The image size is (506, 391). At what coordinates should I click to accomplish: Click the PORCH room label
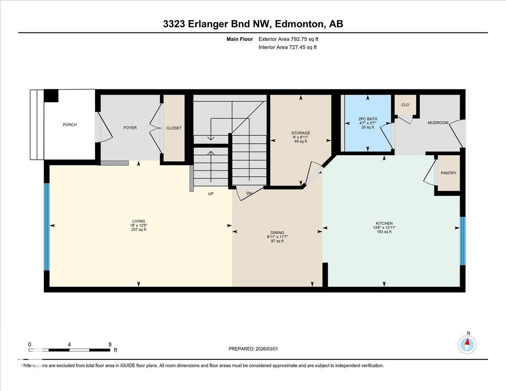pos(70,125)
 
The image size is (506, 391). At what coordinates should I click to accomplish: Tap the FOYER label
pos(130,128)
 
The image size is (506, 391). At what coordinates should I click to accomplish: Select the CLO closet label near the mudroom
pos(405,105)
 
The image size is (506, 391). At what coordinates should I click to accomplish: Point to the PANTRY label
pos(448,173)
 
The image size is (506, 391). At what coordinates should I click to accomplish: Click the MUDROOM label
pos(438,123)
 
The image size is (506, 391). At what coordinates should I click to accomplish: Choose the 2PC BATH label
pos(367,119)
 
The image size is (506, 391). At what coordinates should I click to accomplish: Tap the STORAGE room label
pos(300,133)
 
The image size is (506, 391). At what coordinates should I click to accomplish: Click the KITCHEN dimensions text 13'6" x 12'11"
pos(384,227)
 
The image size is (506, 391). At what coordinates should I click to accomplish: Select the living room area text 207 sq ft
pos(139,229)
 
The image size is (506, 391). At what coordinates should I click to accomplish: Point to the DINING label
pos(277,232)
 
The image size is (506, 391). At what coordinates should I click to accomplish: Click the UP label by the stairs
pos(211,194)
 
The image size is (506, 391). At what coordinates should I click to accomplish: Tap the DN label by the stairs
pos(249,193)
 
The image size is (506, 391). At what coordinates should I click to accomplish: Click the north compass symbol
pos(467,344)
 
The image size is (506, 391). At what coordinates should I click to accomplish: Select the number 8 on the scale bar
pos(110,344)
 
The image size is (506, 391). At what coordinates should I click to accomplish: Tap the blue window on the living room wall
pos(47,227)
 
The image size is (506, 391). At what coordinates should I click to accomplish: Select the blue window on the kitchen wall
pos(462,241)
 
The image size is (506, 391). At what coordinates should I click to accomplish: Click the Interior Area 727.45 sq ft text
pos(287,47)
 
